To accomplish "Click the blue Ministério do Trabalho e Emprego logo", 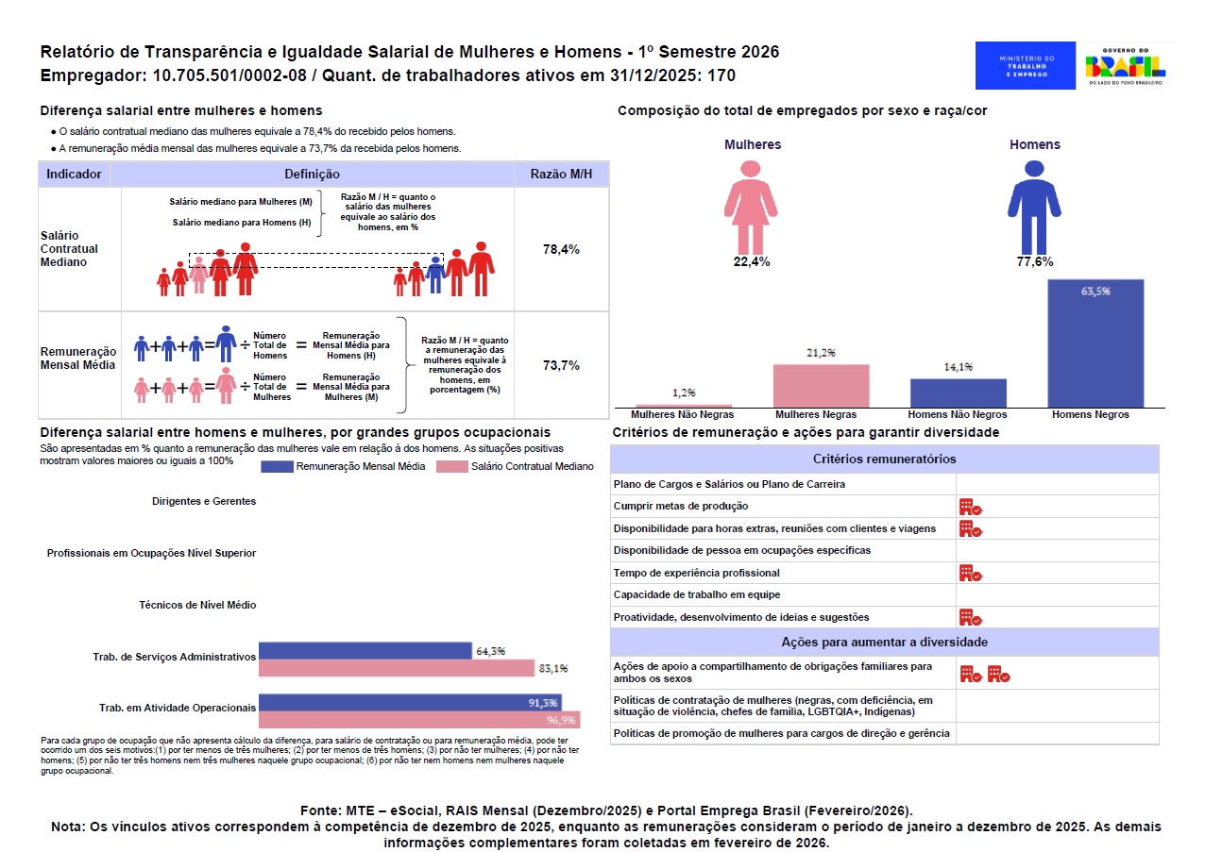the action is (x=1025, y=66).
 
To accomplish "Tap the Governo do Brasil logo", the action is (x=1126, y=67).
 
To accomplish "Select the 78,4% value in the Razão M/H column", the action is (x=561, y=249).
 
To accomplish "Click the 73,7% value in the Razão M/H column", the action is (x=561, y=365).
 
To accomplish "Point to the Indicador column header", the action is (x=74, y=175).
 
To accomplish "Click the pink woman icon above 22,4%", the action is (x=751, y=208).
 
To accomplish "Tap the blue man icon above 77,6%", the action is (x=1034, y=208).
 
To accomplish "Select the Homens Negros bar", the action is (x=1095, y=342).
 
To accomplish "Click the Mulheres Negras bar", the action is (x=821, y=386).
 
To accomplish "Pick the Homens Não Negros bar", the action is (x=959, y=393).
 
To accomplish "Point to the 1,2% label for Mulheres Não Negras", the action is (x=684, y=393).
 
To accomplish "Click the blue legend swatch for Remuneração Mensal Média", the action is (x=277, y=467).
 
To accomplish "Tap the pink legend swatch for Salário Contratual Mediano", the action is (x=451, y=467).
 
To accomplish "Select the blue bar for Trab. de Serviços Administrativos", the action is (x=365, y=650).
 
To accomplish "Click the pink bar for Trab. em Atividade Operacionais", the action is (x=419, y=720).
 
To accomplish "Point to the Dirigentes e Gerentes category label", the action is (x=204, y=501).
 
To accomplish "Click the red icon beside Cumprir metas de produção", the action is (x=971, y=507).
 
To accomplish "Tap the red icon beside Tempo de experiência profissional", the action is (x=971, y=573).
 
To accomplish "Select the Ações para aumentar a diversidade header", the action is (x=884, y=642).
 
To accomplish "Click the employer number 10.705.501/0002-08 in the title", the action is (x=229, y=75).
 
